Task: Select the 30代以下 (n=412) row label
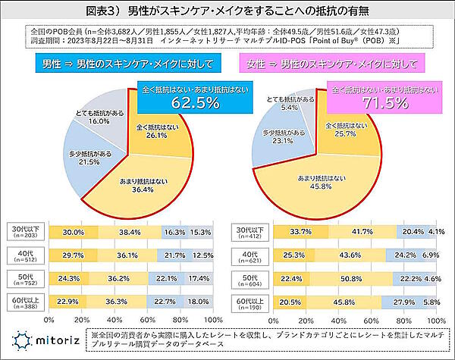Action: pyautogui.click(x=253, y=232)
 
